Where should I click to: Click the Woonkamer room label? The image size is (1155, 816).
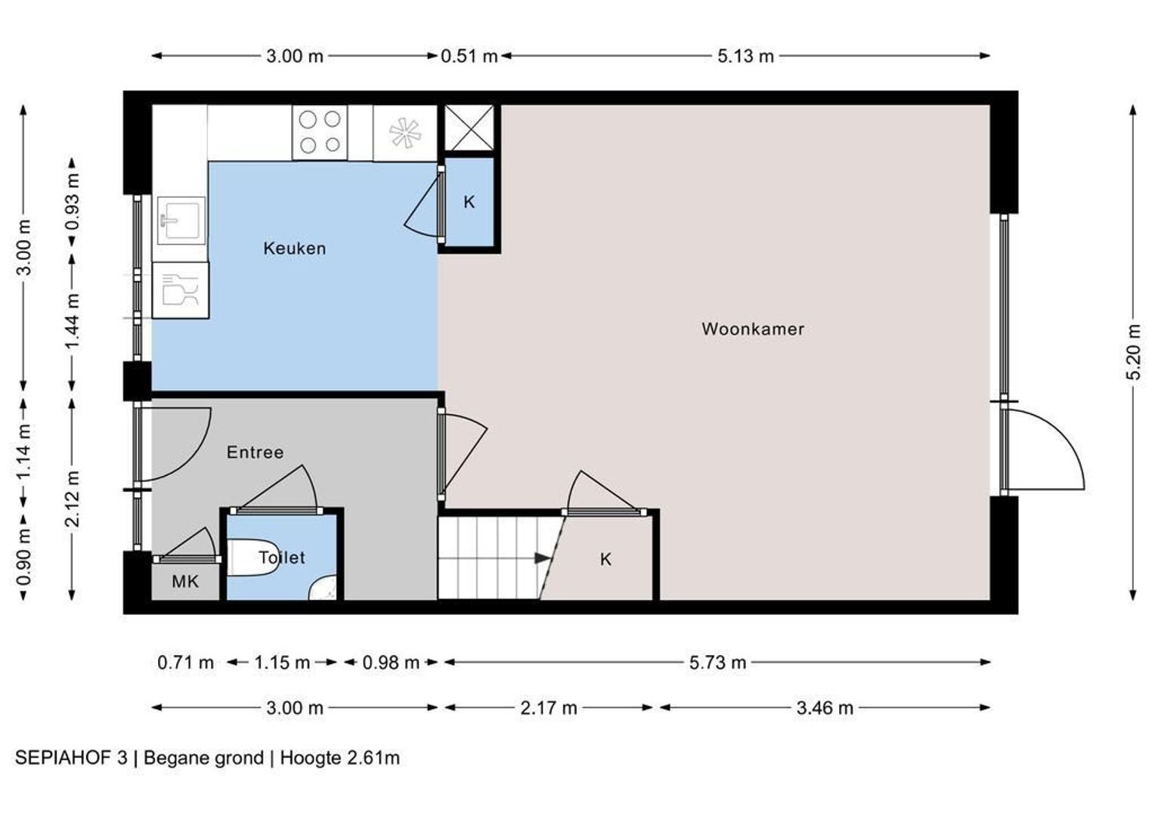752,329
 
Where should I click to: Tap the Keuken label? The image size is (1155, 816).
295,249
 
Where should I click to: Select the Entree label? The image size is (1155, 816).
255,452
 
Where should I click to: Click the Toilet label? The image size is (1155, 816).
281,558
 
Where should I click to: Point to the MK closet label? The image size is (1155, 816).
185,582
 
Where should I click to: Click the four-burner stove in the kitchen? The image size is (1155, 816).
320,132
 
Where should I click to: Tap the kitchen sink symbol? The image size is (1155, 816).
181,221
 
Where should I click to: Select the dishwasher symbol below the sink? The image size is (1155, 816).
181,290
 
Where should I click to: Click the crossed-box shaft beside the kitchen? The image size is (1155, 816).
469,128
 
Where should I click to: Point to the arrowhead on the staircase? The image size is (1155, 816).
543,558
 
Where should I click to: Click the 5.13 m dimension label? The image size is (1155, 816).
745,56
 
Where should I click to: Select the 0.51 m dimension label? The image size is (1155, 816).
469,56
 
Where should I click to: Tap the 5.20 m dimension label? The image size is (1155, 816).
1133,352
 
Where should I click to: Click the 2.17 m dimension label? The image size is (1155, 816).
549,708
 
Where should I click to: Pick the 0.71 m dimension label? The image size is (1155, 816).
186,663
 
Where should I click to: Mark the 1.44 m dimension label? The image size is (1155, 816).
73,320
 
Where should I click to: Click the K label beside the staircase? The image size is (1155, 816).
606,559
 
